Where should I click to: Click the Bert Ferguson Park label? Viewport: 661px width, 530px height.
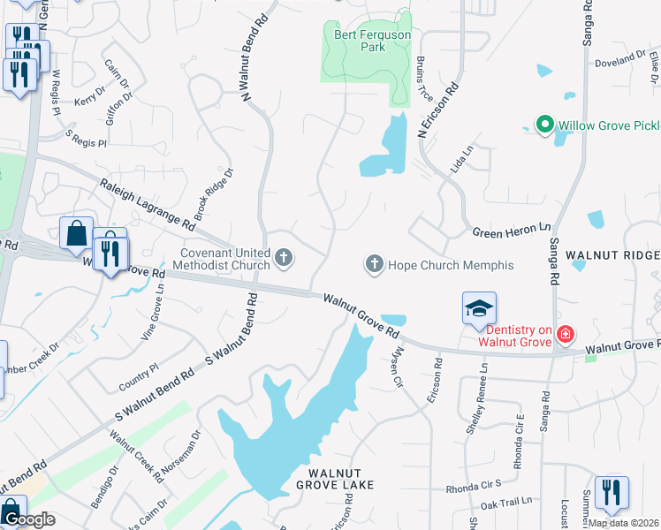360,41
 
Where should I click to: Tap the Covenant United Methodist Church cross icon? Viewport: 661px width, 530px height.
284,258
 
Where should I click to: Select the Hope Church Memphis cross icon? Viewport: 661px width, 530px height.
374,264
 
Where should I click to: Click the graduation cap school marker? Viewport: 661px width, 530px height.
479,308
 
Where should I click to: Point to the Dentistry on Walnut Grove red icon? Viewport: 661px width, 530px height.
564,335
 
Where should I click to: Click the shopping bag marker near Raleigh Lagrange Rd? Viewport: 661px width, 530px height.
77,234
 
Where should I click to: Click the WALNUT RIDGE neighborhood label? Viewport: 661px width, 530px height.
612,254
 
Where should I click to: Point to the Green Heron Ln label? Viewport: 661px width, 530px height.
505,231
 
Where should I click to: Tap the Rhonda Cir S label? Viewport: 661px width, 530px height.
474,485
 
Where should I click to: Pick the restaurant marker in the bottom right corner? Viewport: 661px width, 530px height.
611,493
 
